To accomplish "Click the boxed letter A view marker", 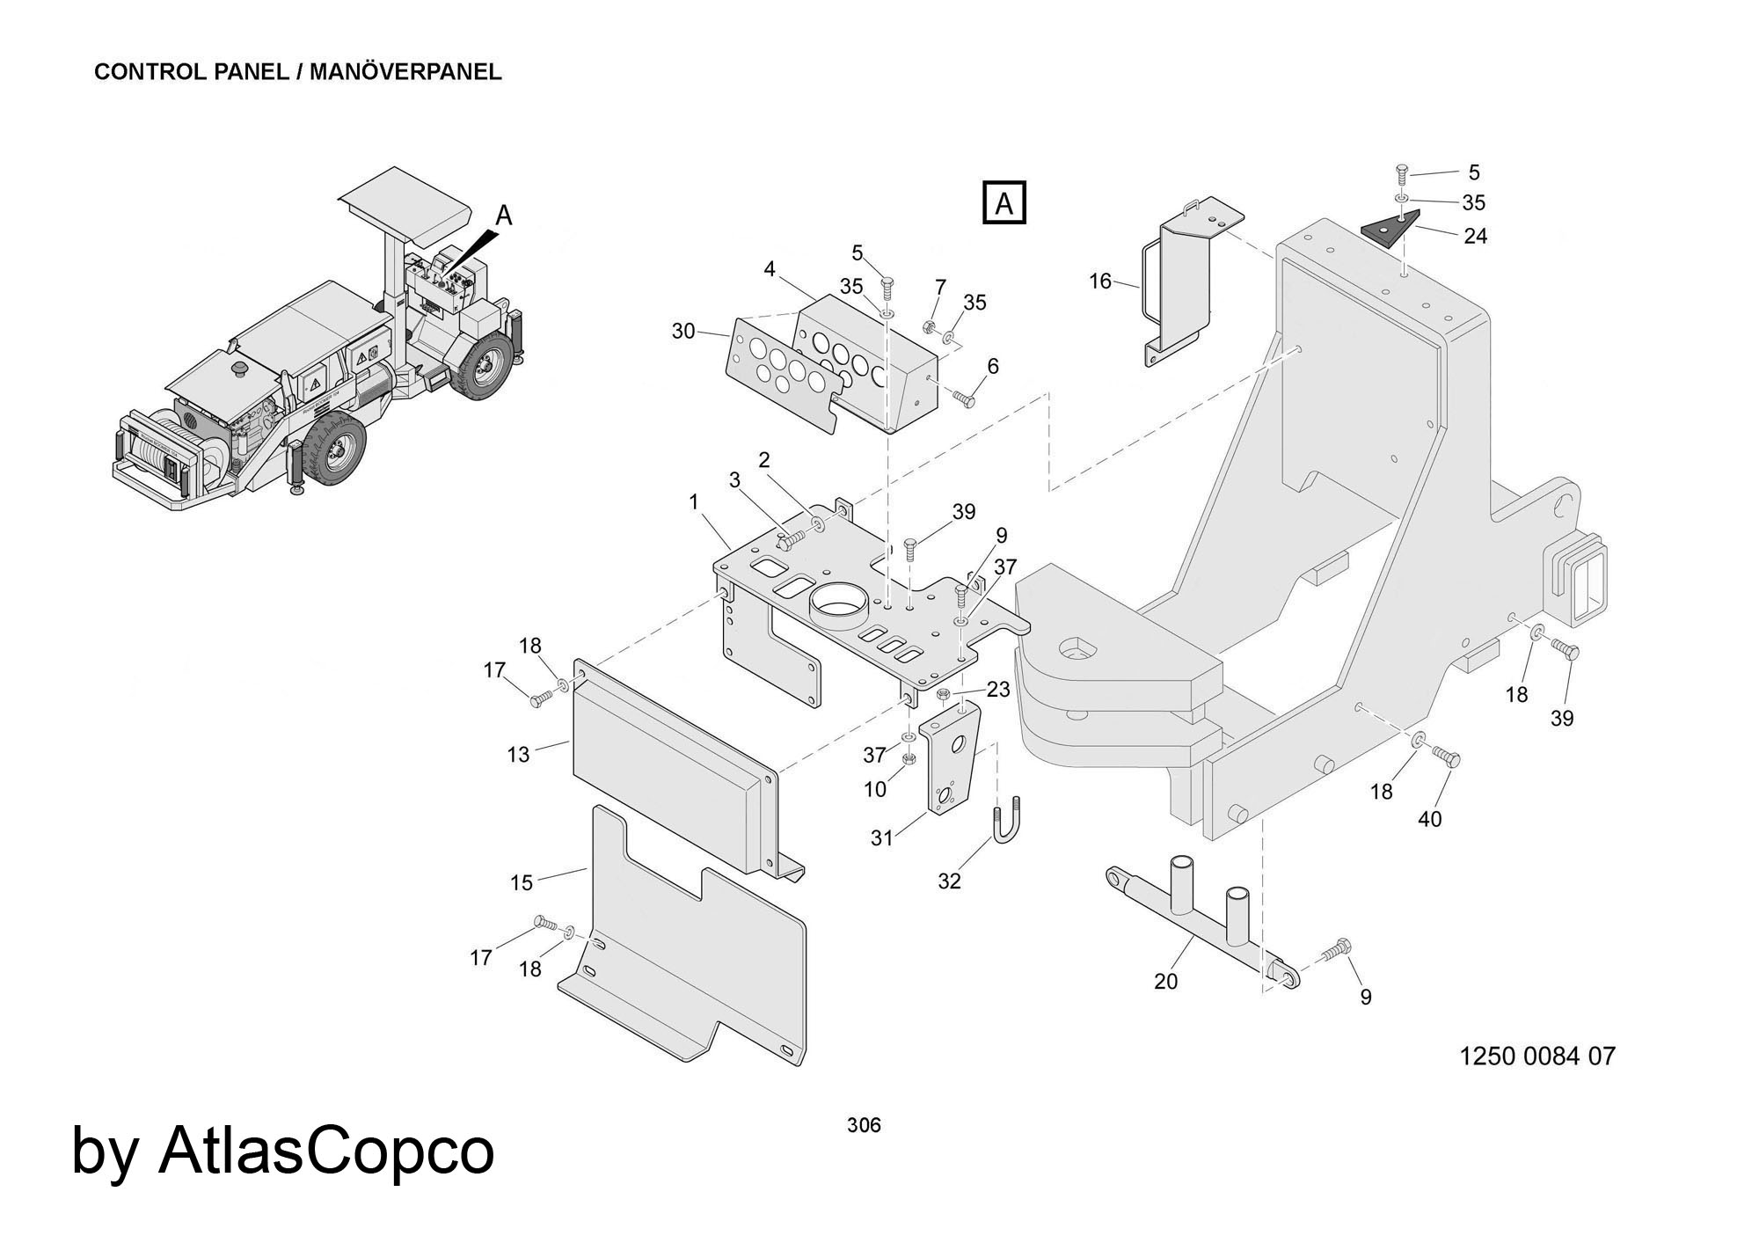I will click(x=1004, y=204).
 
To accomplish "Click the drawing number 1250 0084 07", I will click(x=1536, y=1056).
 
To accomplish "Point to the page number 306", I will click(x=864, y=1124).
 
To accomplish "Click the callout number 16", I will click(x=1100, y=282).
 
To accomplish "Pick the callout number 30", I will click(x=683, y=332).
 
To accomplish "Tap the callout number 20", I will click(x=1165, y=981).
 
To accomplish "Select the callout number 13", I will click(x=519, y=754).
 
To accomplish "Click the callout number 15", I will click(x=522, y=882).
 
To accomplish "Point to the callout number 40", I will click(x=1430, y=818).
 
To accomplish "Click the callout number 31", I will click(x=881, y=838).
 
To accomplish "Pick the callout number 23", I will click(x=997, y=689).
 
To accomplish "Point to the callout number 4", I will click(x=770, y=269).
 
